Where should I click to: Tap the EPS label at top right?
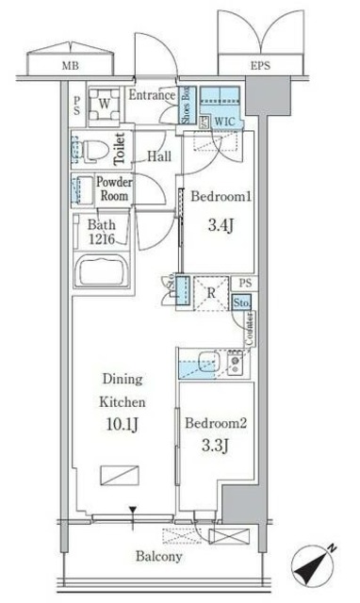tap(259, 65)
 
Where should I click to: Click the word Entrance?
tap(151, 95)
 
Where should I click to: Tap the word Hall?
tap(157, 156)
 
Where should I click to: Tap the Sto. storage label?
tap(242, 303)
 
